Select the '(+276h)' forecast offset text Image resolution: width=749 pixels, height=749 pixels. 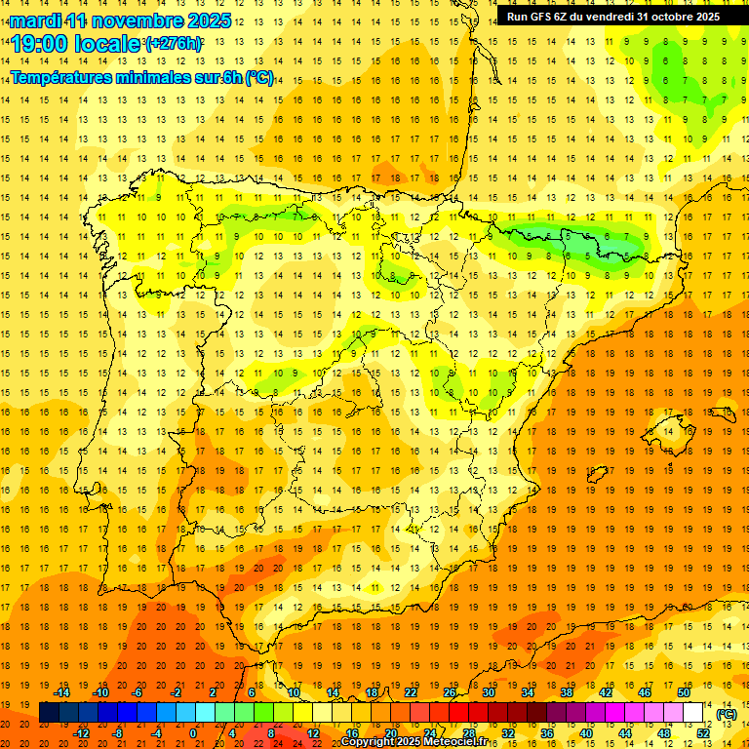coord(174,44)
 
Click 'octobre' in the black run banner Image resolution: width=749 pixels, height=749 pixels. coord(660,16)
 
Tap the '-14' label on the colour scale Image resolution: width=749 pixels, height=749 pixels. coord(62,692)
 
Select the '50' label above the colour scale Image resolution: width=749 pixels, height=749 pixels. coord(684,692)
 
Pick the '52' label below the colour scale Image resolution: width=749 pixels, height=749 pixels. coord(703,733)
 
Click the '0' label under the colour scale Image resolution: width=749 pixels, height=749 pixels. coord(193,733)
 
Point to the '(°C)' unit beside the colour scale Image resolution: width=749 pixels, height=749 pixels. coord(726,714)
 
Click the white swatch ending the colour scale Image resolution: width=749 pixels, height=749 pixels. coord(693,713)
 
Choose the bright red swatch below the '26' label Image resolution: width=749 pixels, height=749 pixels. coord(458,713)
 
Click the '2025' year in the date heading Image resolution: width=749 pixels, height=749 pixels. coord(208,20)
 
